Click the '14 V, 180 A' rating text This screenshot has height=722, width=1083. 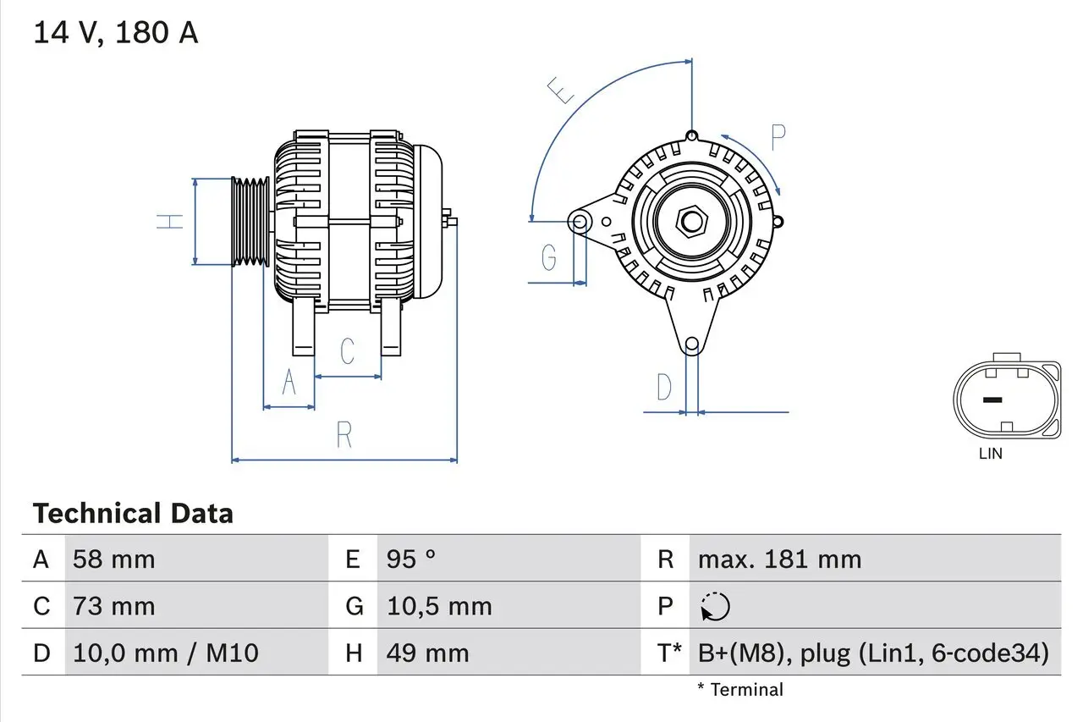[116, 33]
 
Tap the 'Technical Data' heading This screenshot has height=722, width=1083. [133, 513]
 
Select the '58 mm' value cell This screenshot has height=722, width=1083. [114, 559]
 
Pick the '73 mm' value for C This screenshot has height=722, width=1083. [114, 606]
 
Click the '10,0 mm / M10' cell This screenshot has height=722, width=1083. [166, 653]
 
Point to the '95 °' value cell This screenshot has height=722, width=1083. [411, 559]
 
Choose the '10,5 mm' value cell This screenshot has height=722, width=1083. [439, 606]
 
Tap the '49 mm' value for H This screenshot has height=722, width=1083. [427, 653]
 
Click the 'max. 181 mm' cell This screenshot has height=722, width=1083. [779, 559]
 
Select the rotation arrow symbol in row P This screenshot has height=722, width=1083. [715, 607]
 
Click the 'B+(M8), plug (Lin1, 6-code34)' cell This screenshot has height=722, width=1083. [873, 653]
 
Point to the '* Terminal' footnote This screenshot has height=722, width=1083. [740, 690]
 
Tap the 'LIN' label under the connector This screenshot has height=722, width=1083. [990, 454]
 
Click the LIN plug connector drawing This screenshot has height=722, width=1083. [1007, 400]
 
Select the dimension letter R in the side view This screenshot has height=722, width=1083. [344, 434]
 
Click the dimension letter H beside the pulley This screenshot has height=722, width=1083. [172, 222]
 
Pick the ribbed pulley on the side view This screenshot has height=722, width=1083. [250, 222]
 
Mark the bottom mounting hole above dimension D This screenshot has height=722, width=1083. [691, 344]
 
